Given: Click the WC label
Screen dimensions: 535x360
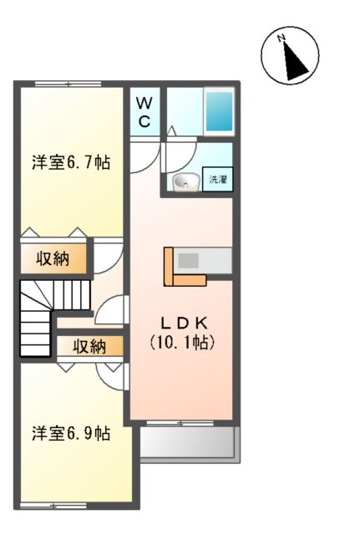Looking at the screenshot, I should click(145, 111).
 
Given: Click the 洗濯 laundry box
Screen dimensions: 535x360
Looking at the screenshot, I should click(217, 179).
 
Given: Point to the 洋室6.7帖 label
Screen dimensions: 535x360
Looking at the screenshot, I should click(72, 161).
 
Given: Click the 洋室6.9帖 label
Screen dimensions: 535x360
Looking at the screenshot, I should click(72, 433).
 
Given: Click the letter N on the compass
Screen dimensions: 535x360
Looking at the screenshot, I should click(283, 38).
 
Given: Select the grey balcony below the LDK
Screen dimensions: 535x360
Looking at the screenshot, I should click(188, 441).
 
